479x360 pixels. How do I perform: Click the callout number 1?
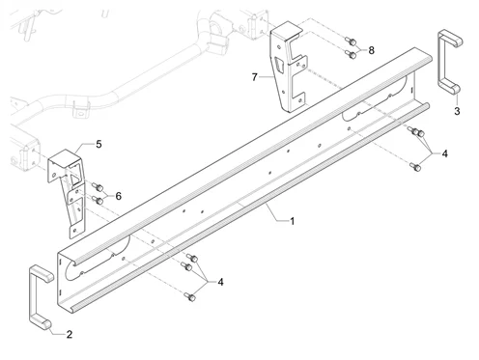(292, 221)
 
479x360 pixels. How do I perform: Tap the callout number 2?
(70, 335)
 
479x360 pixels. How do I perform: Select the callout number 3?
(457, 111)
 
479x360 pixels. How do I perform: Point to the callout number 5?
(99, 144)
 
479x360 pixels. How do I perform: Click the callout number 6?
(119, 196)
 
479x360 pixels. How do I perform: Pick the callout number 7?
(255, 77)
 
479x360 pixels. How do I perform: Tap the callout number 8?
(371, 50)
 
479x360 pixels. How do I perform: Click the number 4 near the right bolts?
(444, 153)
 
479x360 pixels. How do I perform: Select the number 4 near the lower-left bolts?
(220, 282)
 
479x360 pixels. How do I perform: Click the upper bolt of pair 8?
(352, 42)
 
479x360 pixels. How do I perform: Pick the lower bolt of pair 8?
(352, 54)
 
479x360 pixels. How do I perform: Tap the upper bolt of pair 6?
(98, 187)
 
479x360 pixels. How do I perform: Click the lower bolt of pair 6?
(98, 200)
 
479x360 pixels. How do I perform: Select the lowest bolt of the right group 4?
(415, 167)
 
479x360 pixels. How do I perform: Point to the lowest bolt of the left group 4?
(190, 296)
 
